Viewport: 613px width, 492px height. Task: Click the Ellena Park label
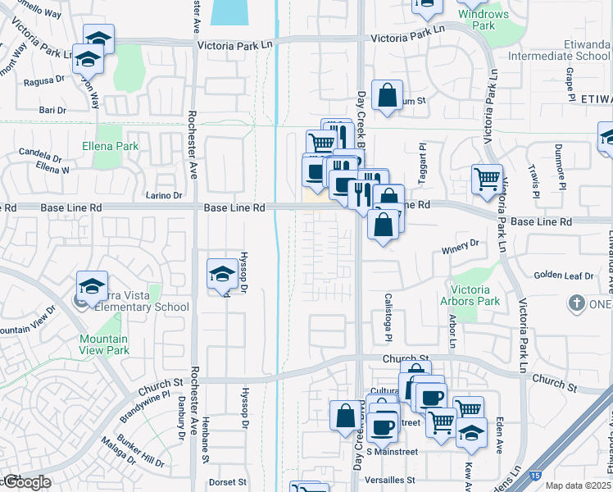pyautogui.click(x=110, y=147)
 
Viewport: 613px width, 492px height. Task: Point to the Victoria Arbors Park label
pyautogui.click(x=470, y=295)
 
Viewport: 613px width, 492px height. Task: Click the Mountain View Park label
pyautogui.click(x=104, y=344)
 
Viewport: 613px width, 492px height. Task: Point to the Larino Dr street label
pyautogui.click(x=165, y=195)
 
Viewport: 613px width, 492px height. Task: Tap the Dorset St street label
pyautogui.click(x=228, y=481)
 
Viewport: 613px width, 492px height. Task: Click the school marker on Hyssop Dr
pyautogui.click(x=222, y=273)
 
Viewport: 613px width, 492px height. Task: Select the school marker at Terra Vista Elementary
pyautogui.click(x=92, y=285)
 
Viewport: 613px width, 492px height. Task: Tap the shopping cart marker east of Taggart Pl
pyautogui.click(x=488, y=178)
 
